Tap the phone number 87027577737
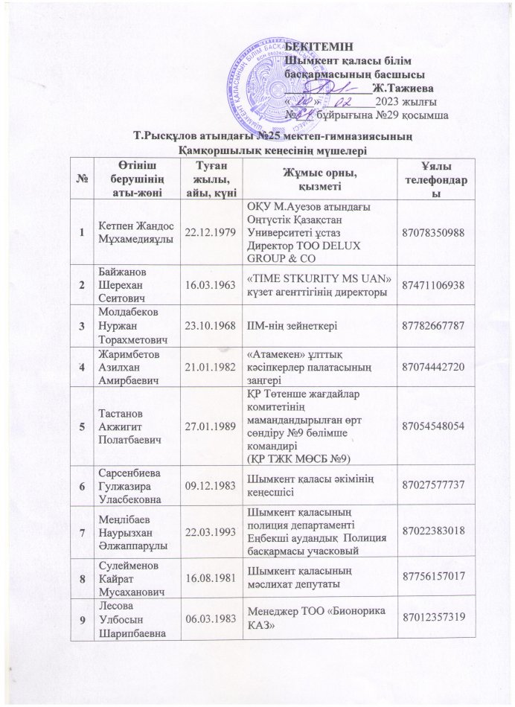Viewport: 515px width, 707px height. (x=435, y=505)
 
